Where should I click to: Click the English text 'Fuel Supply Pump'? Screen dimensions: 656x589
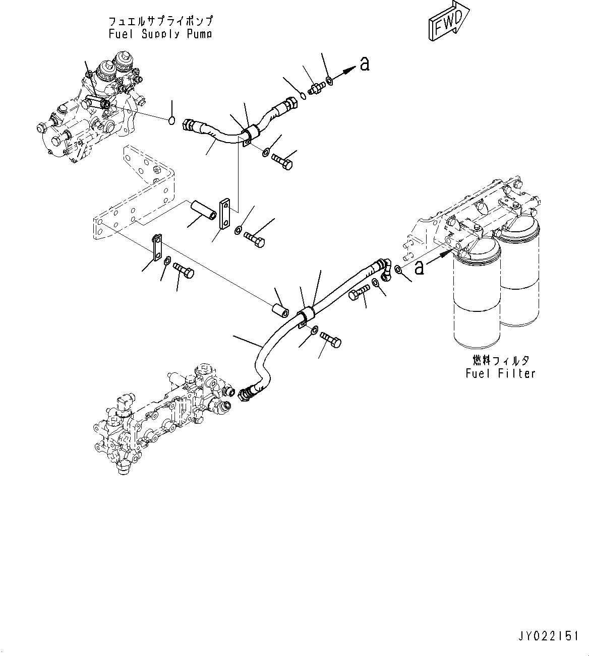160,34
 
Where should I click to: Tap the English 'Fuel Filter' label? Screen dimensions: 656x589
500,373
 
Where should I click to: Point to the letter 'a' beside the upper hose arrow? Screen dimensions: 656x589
364,64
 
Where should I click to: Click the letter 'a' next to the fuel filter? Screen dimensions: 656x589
419,268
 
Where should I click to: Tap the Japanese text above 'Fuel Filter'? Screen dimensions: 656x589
500,361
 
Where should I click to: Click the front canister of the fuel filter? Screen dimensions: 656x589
476,297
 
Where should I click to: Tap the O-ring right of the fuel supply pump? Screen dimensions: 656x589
171,120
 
